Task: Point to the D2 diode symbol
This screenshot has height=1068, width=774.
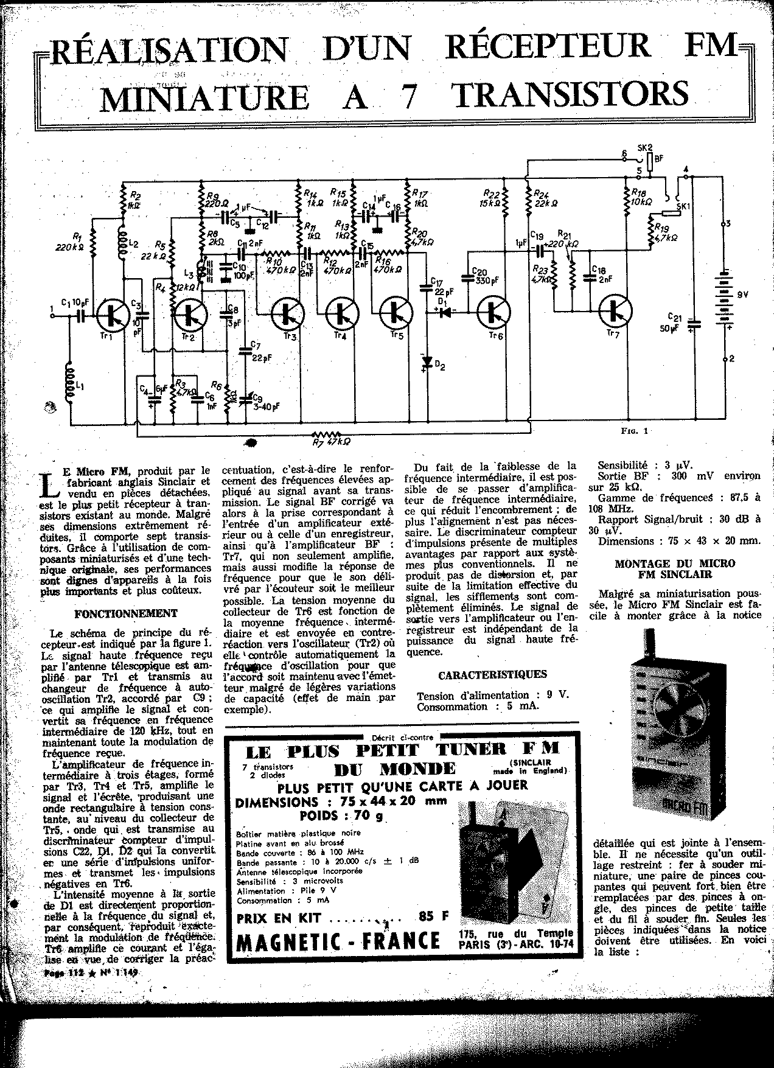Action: [x=426, y=364]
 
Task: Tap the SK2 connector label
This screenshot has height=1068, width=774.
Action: [x=644, y=148]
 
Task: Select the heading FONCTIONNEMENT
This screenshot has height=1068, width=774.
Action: [x=126, y=613]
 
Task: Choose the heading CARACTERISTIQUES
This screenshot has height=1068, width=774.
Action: [x=492, y=674]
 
